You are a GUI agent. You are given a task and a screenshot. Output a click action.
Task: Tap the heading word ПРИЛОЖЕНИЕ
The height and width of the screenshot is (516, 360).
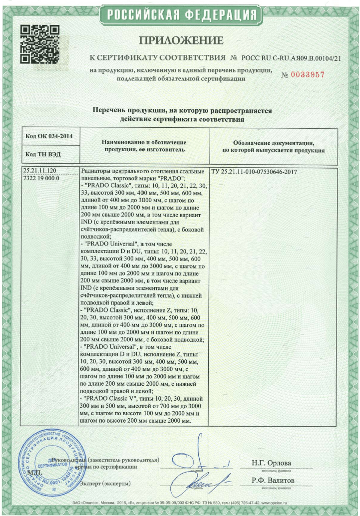[x=181, y=40]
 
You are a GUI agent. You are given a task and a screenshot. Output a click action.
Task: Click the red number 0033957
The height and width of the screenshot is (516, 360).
[x=303, y=74]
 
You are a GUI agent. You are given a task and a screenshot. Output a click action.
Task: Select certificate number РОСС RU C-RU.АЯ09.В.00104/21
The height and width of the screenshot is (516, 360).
[x=292, y=58]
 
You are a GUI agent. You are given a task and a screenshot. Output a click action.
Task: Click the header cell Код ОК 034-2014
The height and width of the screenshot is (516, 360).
[x=49, y=136]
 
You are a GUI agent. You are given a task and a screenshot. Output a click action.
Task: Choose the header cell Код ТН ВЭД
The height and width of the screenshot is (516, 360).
[x=45, y=155]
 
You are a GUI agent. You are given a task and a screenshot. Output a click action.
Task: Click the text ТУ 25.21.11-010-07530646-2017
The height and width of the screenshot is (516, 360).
[x=255, y=172]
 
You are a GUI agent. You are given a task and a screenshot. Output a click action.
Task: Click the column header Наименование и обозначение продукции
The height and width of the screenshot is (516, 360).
[x=145, y=146]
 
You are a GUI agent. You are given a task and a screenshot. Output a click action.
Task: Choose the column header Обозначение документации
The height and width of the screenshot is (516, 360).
[x=273, y=146]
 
